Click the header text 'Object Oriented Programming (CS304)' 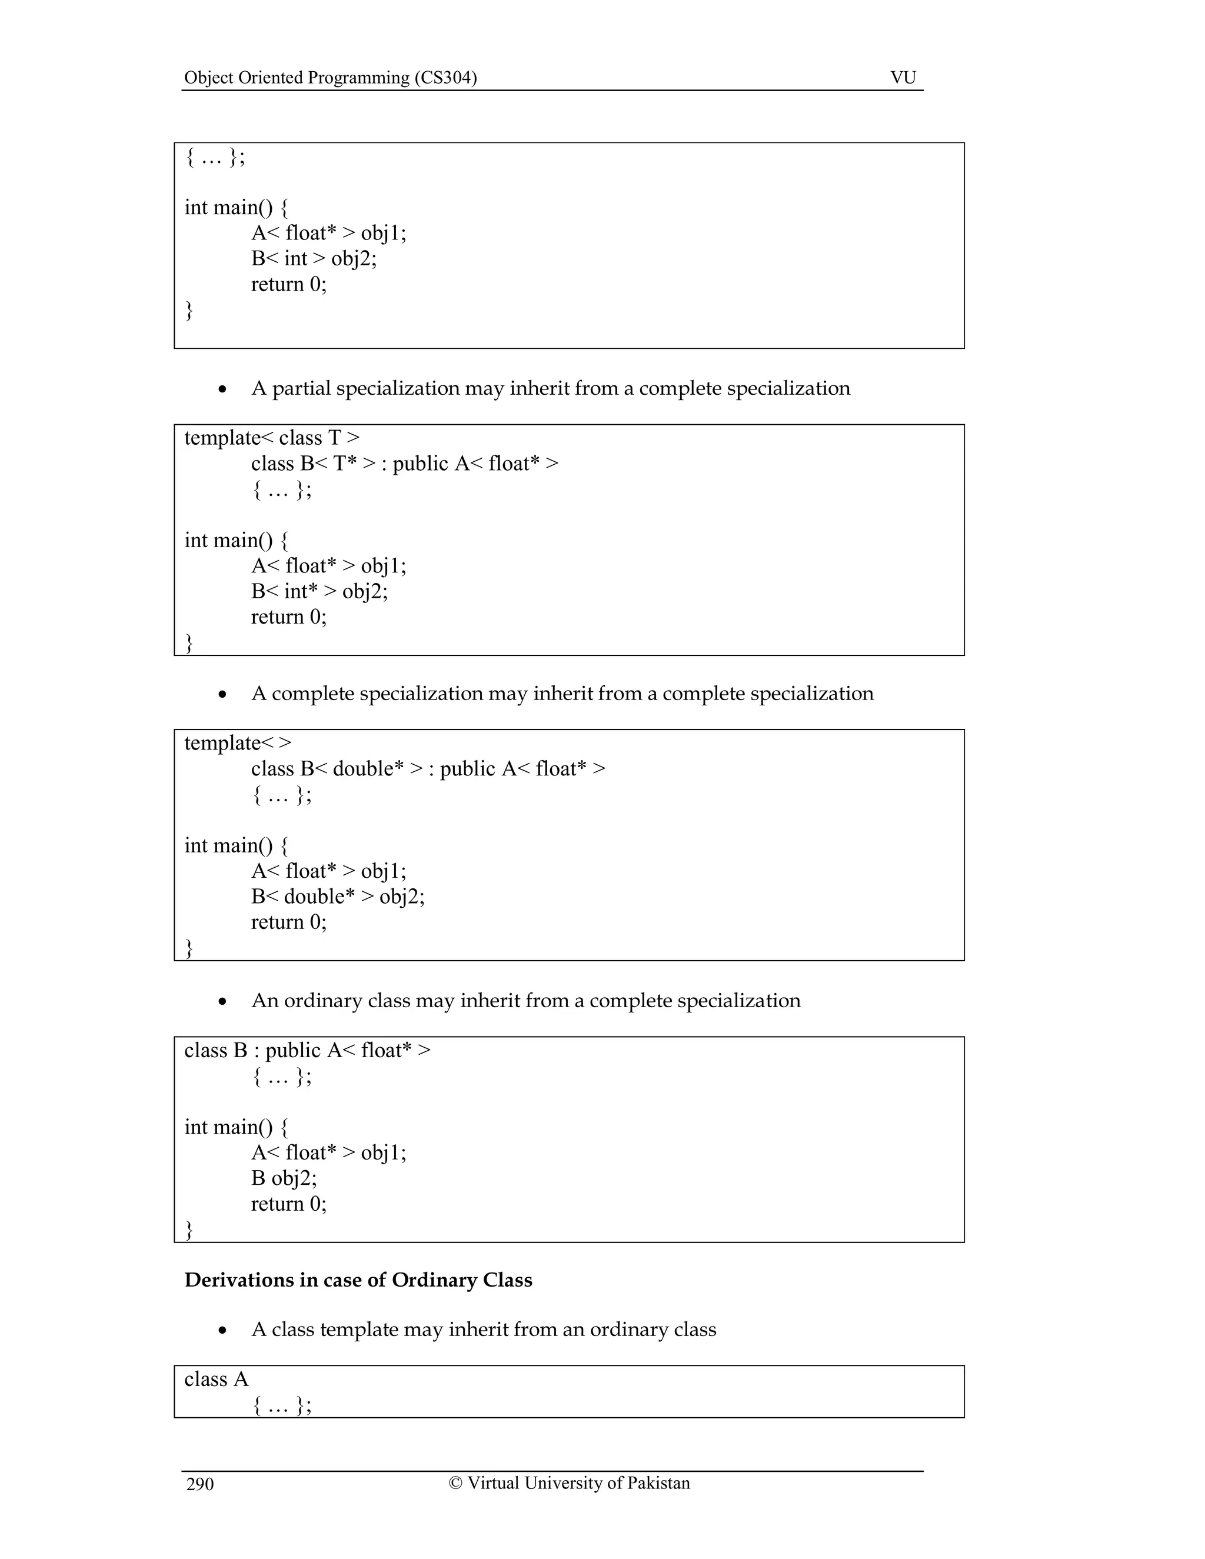[x=330, y=77]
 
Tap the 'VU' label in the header [x=903, y=77]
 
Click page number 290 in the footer [x=200, y=1484]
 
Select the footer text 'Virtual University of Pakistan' [x=578, y=1483]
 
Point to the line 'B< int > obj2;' [x=314, y=258]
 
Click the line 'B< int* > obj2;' [x=319, y=591]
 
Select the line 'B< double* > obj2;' [x=338, y=896]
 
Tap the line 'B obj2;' [x=284, y=1178]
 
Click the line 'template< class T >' [x=272, y=438]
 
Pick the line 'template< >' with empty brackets [x=238, y=742]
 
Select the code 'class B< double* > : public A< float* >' [x=428, y=769]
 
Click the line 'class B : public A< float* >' [x=307, y=1050]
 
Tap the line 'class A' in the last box [x=217, y=1379]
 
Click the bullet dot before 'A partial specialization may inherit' [x=223, y=389]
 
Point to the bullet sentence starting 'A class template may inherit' [x=483, y=1329]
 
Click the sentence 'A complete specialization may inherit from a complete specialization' [x=562, y=693]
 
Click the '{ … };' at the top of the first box [x=215, y=157]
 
